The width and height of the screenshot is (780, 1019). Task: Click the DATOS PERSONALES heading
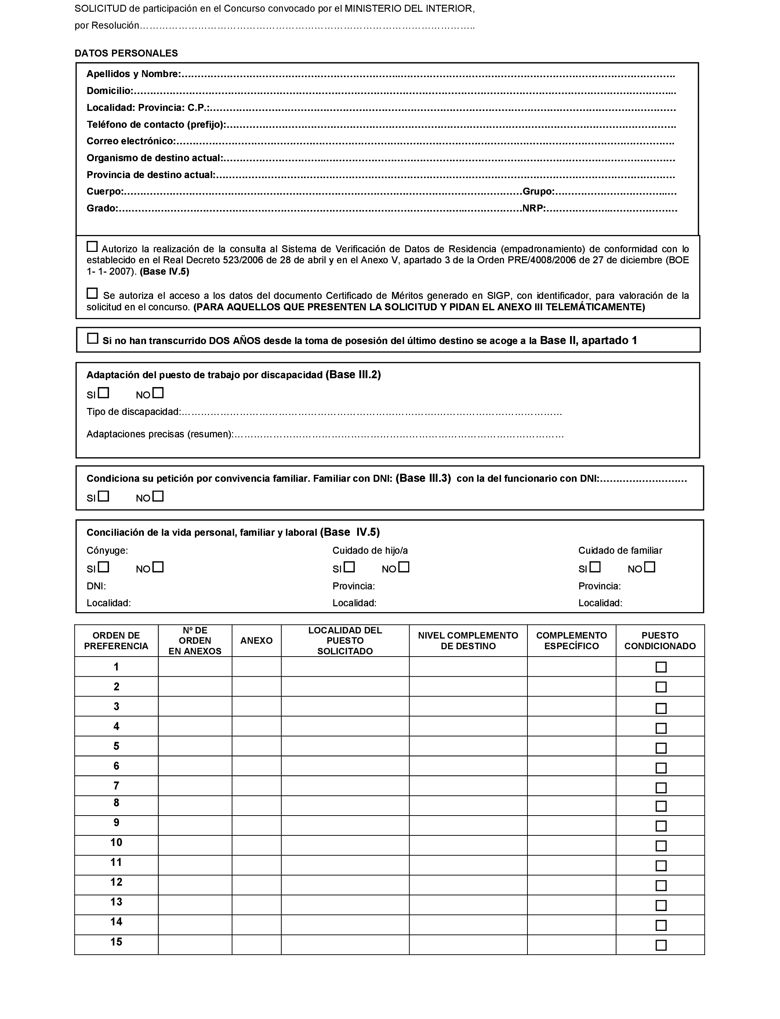click(x=126, y=53)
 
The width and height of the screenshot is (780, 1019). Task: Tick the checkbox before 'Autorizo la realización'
click(x=92, y=247)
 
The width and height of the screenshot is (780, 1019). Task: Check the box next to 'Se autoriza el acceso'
click(x=92, y=293)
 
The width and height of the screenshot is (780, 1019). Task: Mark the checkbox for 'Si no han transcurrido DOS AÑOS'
click(x=93, y=339)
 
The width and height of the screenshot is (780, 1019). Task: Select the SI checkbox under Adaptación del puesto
click(x=104, y=393)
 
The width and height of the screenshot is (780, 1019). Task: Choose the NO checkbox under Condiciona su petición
click(x=158, y=496)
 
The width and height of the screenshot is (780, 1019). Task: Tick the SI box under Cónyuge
click(x=104, y=567)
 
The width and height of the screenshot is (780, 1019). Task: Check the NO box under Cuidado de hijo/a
click(x=404, y=567)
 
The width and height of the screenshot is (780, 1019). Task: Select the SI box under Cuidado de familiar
click(x=595, y=567)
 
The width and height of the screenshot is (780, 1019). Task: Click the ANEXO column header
click(x=256, y=640)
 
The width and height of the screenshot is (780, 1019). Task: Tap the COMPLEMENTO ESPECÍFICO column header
click(x=571, y=640)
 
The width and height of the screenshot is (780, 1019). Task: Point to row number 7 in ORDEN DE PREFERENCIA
click(x=116, y=786)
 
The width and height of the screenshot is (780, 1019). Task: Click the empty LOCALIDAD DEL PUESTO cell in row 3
click(x=345, y=707)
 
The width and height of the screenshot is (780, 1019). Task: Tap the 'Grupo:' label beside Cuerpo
click(x=538, y=192)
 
